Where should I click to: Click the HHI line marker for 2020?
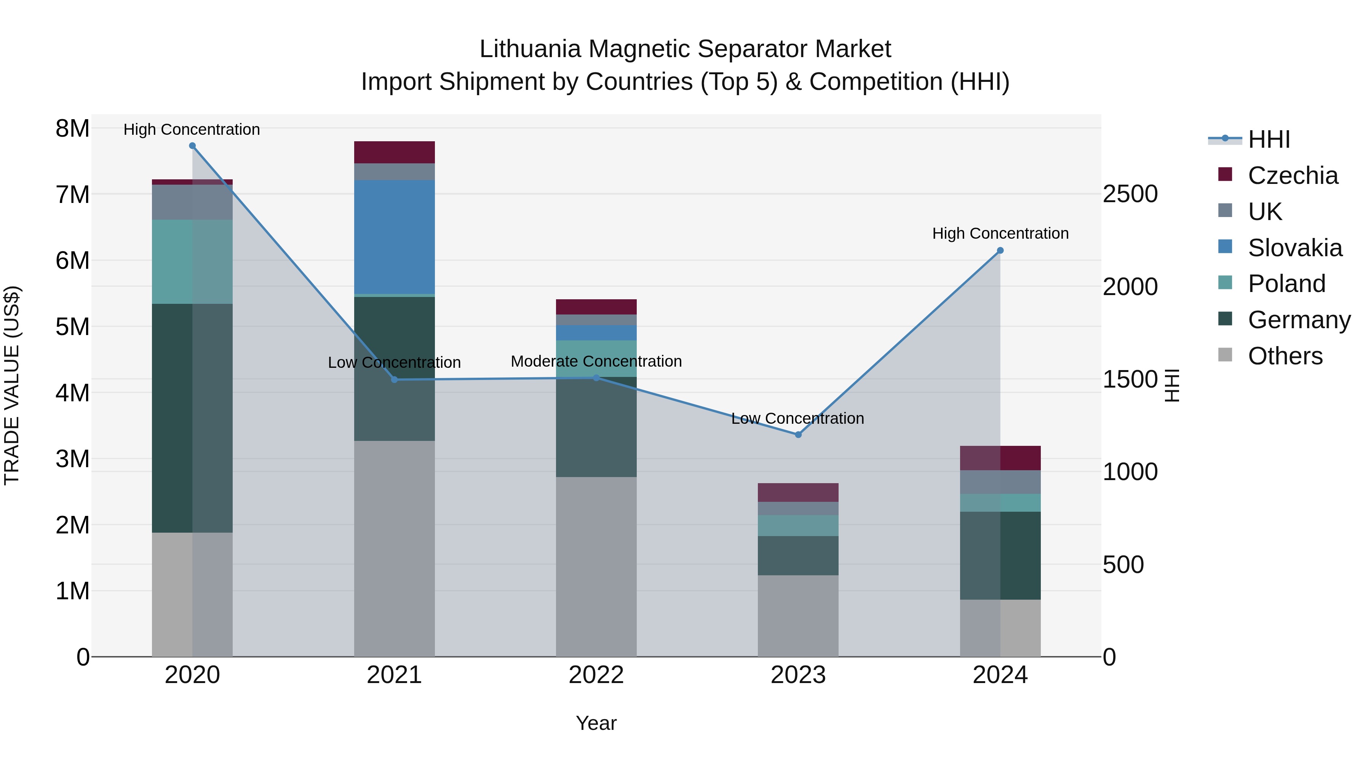tap(192, 146)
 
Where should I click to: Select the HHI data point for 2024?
tap(1000, 251)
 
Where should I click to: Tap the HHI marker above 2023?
tap(798, 435)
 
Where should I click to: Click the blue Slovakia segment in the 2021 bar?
tap(395, 237)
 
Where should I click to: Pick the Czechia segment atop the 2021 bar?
tap(395, 152)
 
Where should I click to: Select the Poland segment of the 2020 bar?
tap(192, 262)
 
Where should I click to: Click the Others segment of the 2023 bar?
tap(798, 616)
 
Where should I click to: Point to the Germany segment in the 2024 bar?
tap(1000, 556)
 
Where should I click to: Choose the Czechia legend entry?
tap(1292, 176)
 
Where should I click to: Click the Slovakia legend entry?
tap(1294, 248)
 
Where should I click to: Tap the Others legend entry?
tap(1285, 356)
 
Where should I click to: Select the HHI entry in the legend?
tap(1269, 139)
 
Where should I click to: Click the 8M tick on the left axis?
tap(72, 129)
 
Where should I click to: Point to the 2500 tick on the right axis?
tap(1130, 194)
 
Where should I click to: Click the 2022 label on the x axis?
tap(596, 675)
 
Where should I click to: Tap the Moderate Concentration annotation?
tap(596, 361)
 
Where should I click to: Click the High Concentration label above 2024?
tap(1000, 234)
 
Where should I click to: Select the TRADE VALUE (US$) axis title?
tap(12, 385)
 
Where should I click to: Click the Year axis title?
tap(596, 723)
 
